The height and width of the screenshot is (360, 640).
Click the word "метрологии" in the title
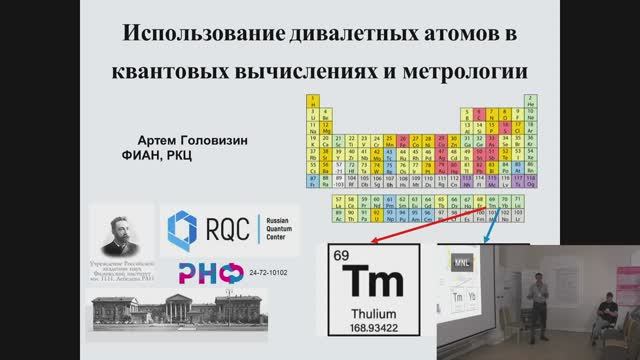(x=466, y=72)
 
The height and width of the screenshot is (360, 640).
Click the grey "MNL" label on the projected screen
(x=462, y=258)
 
